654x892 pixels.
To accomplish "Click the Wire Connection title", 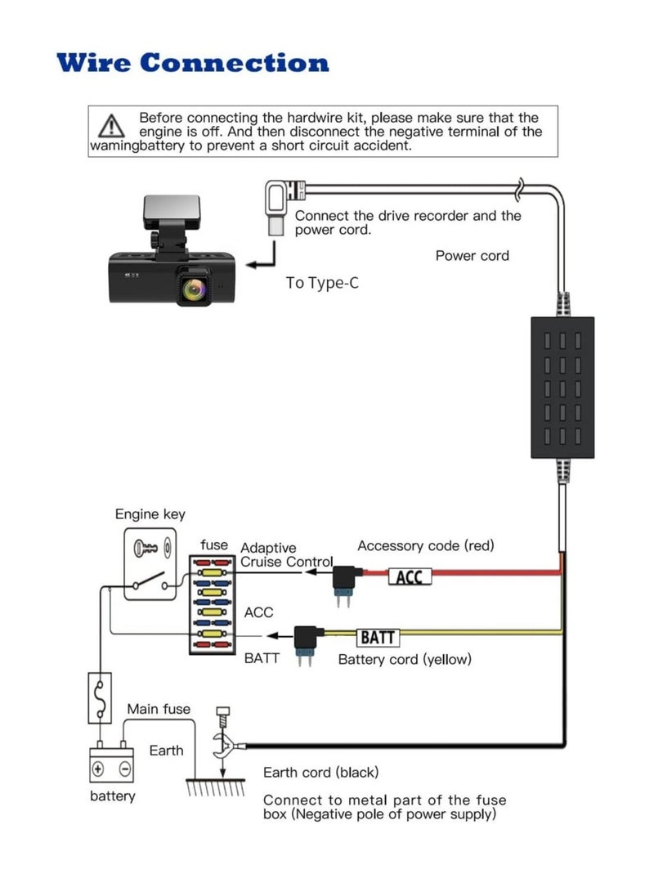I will coord(193,63).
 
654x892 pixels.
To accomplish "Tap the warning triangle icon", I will coord(110,127).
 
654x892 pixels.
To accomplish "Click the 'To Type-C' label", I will coord(322,283).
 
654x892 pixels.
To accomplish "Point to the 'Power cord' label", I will coord(472,256).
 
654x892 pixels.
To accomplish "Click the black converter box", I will coord(562,387).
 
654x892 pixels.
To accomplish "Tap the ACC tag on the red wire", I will coord(409,577).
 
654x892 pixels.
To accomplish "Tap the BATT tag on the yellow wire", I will coord(377,638).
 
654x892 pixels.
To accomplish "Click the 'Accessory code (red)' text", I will coord(426,545).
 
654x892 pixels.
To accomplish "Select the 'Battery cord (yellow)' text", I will coord(405,659).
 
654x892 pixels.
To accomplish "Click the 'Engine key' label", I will coord(150,514).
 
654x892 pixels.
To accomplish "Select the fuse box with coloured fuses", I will coord(214,603).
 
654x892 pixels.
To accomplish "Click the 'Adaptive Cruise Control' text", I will coord(286,555).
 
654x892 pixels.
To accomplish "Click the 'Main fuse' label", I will coord(158,709).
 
